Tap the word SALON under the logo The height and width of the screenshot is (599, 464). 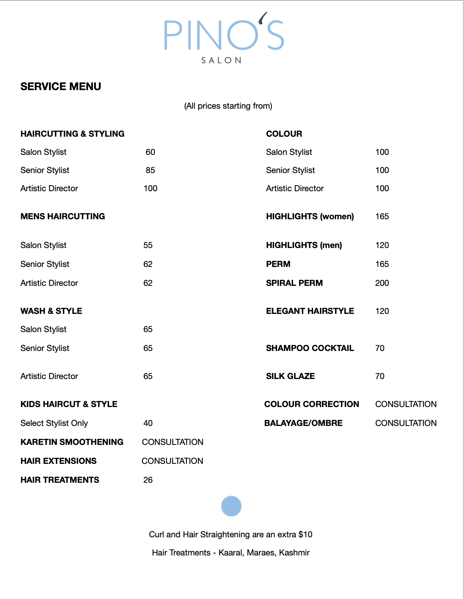(221, 61)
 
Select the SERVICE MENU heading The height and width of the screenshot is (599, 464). (61, 87)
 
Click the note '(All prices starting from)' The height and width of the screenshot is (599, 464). (228, 106)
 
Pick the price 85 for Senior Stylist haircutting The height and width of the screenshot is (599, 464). (150, 170)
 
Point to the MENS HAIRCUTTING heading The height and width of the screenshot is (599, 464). (63, 217)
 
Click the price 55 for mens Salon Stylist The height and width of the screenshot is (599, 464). (148, 245)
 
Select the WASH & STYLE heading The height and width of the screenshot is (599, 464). (51, 311)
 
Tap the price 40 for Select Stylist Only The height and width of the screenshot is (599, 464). (148, 423)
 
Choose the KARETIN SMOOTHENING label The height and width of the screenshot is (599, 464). (72, 442)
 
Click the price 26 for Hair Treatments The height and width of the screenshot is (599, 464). (148, 480)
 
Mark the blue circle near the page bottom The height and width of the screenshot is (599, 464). (231, 506)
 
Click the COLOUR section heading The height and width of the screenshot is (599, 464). (284, 134)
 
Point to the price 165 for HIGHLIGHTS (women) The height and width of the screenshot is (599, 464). (382, 217)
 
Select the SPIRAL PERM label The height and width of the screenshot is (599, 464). (294, 283)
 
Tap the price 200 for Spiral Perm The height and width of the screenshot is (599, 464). (382, 283)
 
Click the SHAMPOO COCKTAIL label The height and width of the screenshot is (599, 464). (310, 348)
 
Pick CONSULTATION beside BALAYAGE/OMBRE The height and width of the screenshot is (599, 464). (406, 423)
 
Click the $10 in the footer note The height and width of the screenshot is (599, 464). (306, 535)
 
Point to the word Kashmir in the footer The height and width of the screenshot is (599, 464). (294, 553)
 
